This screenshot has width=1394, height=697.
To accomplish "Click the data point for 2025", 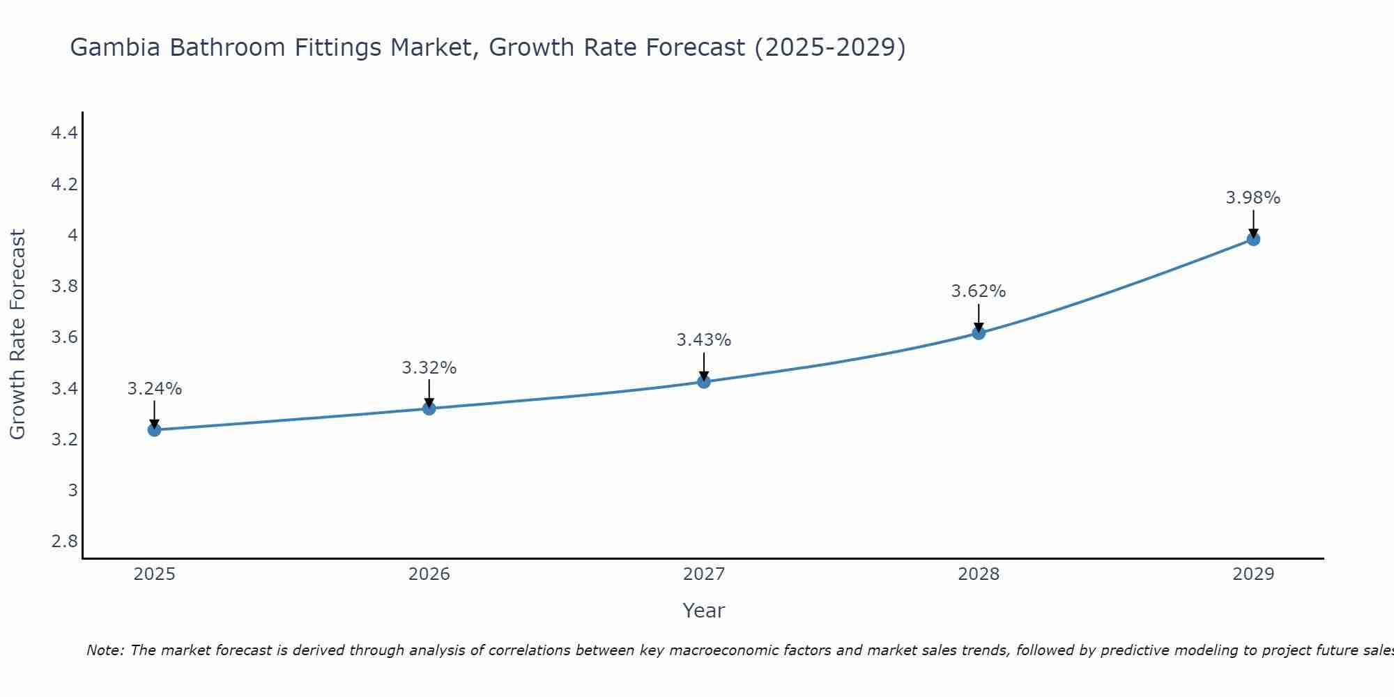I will pos(154,429).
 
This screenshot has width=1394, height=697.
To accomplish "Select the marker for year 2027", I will pos(703,381).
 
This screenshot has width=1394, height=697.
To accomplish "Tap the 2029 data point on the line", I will pos(1253,239).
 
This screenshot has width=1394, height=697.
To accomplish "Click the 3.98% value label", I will pos(1253,198).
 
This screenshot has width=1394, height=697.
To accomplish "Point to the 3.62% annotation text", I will pos(978,291).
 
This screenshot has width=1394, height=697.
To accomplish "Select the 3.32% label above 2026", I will pos(429,367).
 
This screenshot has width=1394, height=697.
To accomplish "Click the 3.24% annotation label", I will pos(154,389).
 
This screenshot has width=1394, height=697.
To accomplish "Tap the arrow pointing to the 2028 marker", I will pos(978,317).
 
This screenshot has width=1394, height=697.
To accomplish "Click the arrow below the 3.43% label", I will pos(703,366).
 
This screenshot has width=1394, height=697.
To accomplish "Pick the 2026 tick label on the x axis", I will pos(429,574).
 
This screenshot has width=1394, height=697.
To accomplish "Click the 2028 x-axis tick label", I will pos(978,574).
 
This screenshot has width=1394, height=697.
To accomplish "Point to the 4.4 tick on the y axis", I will pos(64,132).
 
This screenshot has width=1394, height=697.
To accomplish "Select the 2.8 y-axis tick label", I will pos(64,541).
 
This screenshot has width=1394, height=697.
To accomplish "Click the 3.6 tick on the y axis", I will pos(64,337).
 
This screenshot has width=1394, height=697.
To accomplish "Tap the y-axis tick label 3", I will pos(72,490).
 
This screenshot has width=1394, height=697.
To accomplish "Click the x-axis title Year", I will pos(703,611).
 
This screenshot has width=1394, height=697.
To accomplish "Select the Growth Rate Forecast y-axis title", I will pos(17,335).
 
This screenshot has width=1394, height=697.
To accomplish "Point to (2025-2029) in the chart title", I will pos(829,48).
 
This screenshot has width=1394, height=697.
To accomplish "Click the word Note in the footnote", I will pos(104,650).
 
